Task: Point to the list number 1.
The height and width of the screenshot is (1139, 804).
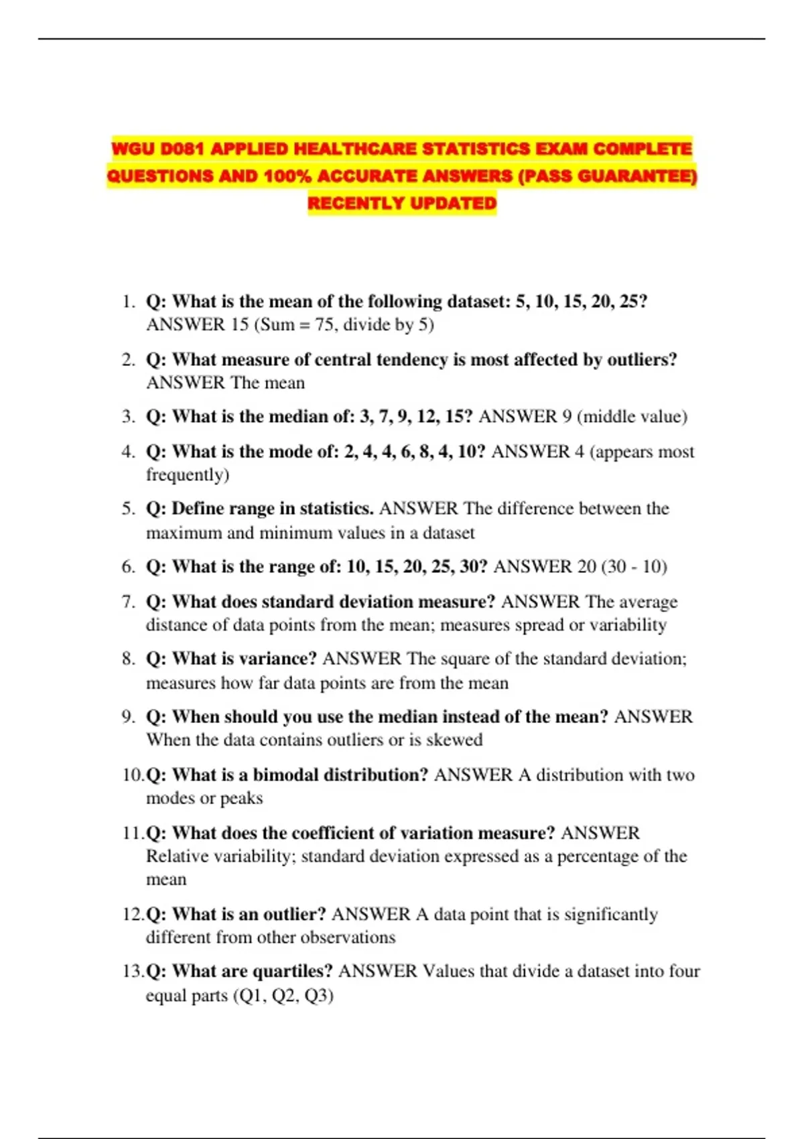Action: pos(129,301)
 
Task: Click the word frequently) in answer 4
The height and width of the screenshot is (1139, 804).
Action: pos(188,475)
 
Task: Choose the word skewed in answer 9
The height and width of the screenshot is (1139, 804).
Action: pos(454,740)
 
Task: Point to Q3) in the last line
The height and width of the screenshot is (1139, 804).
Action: pos(319,996)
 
